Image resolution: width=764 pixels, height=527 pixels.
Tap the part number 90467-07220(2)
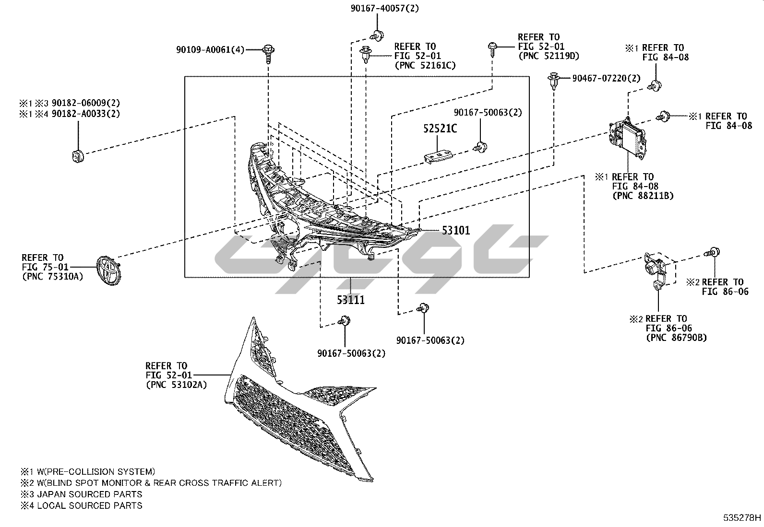(606, 78)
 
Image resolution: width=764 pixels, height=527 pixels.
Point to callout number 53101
(456, 231)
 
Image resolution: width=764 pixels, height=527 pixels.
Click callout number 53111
(350, 300)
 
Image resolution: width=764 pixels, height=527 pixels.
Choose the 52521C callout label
(440, 129)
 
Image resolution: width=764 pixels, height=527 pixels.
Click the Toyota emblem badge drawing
(108, 270)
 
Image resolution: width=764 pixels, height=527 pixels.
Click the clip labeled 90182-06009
(78, 155)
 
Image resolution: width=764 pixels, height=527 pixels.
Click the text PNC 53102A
(176, 385)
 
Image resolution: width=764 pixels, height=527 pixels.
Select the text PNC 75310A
(52, 276)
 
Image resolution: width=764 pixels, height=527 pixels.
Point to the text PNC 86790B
(676, 338)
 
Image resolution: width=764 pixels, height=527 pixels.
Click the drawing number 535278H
(742, 518)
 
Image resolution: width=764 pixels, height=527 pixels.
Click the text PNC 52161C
(425, 65)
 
